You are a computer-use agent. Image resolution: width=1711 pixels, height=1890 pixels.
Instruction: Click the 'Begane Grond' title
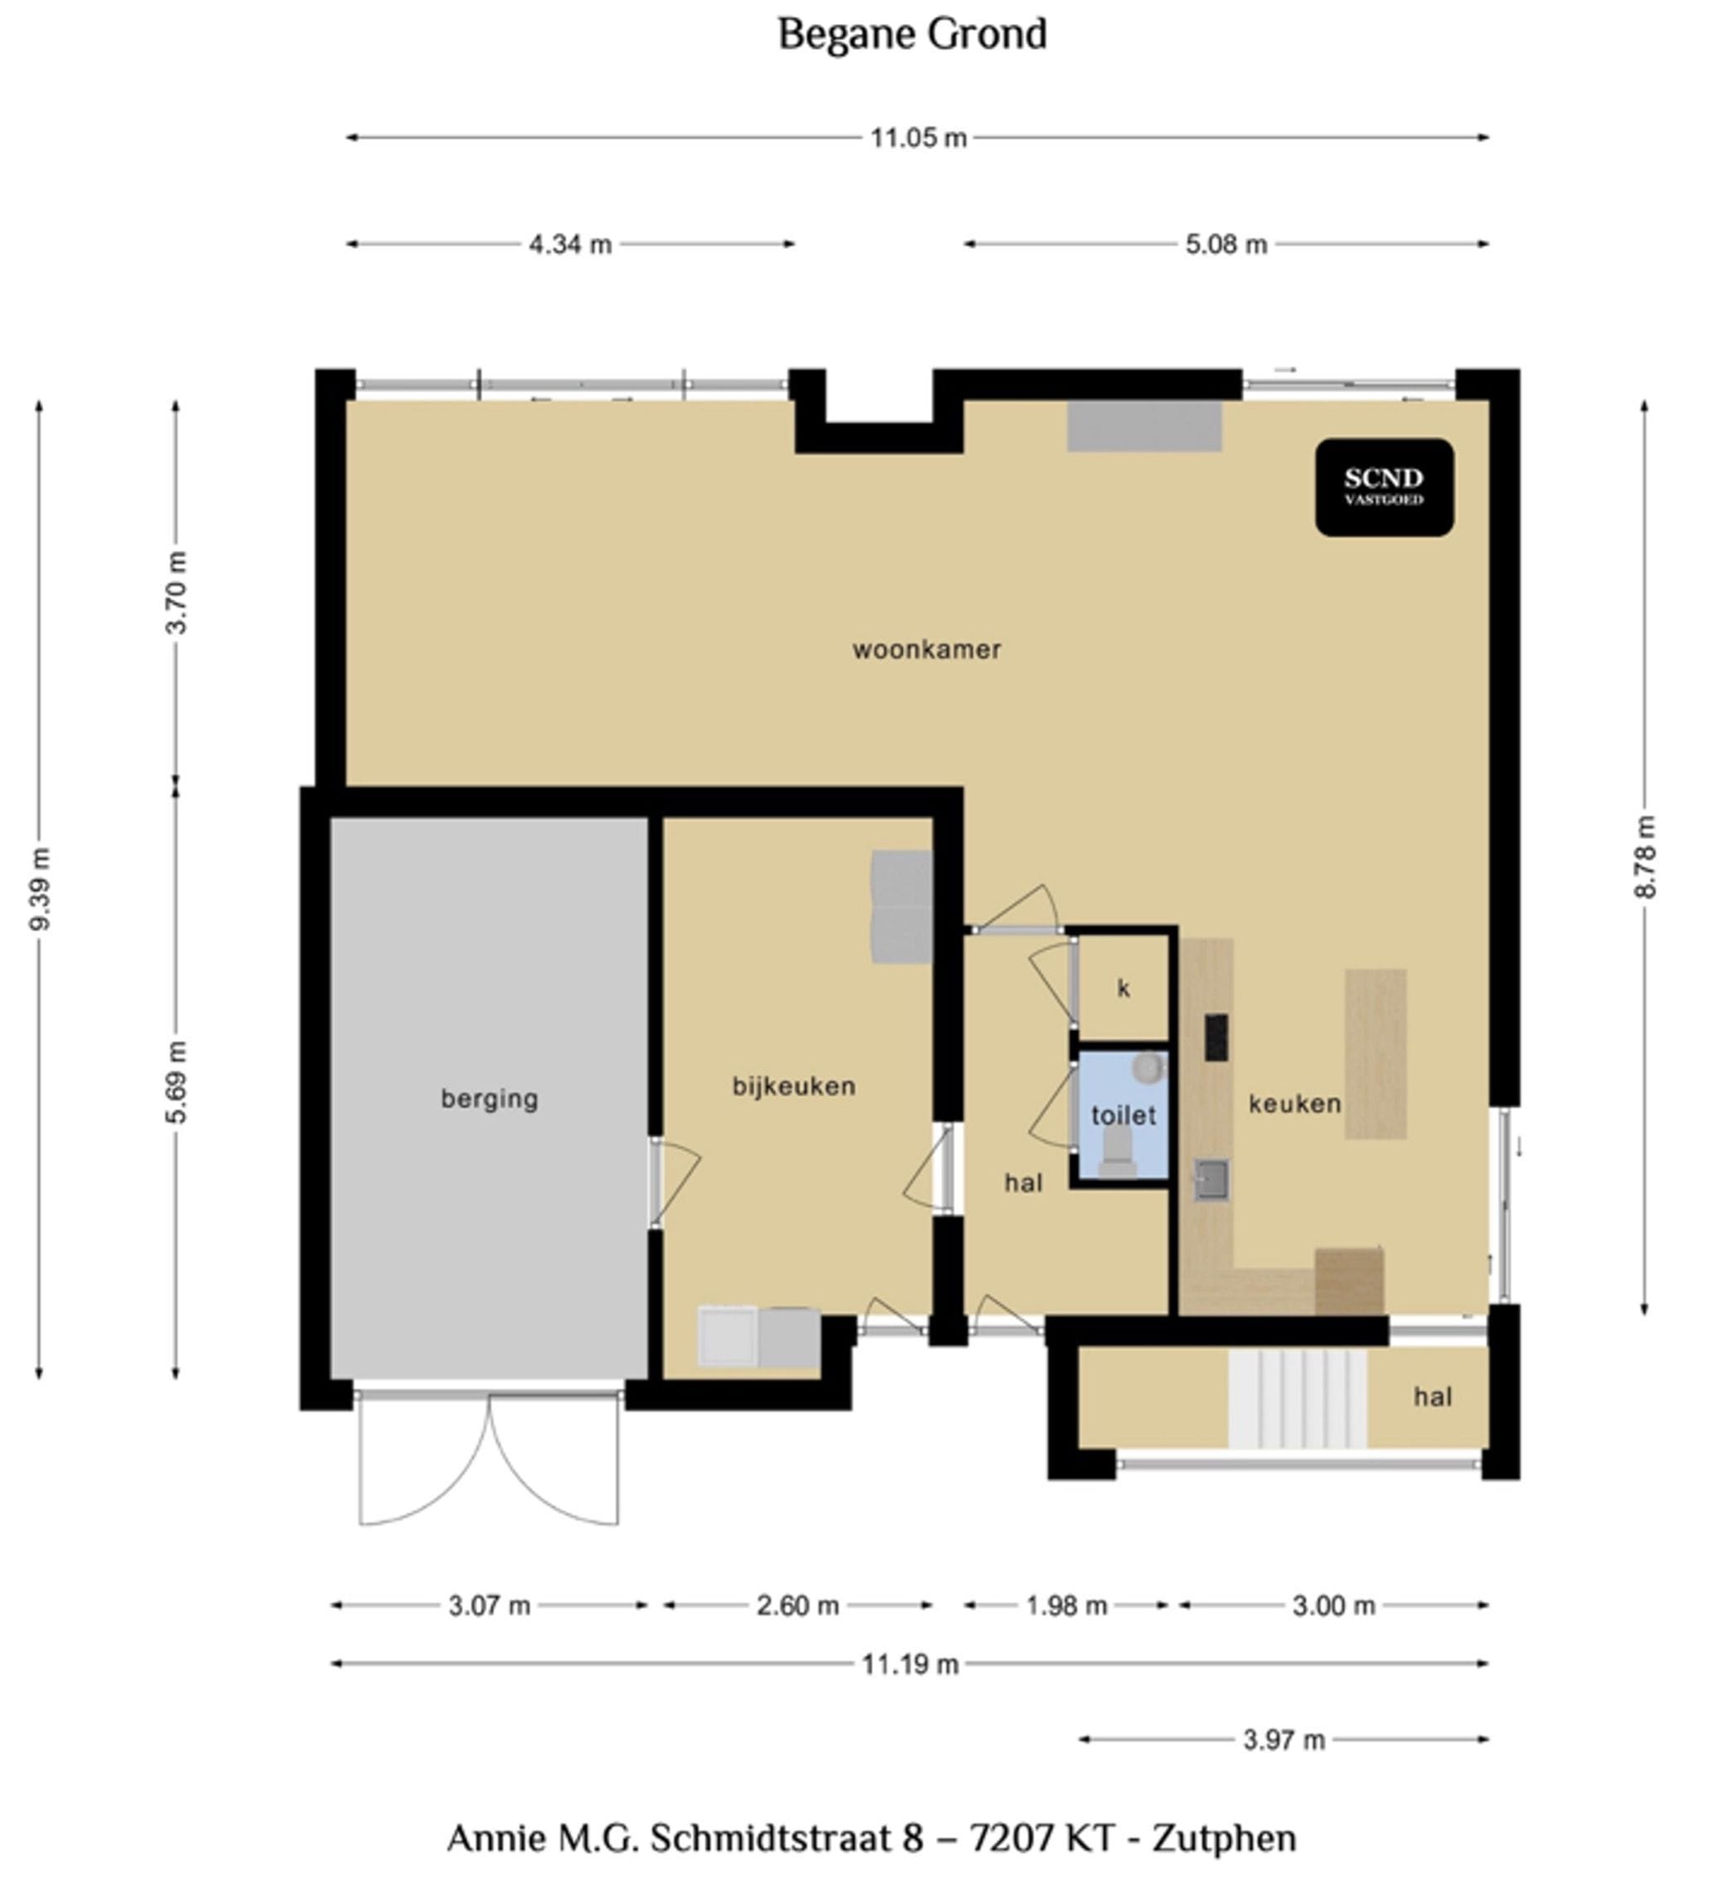[x=911, y=35]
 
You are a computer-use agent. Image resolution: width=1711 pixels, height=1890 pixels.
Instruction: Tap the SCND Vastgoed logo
[x=1383, y=486]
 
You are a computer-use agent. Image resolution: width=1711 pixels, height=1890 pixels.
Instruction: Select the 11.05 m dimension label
[x=918, y=138]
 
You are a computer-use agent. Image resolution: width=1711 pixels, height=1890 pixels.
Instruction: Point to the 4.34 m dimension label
[x=570, y=245]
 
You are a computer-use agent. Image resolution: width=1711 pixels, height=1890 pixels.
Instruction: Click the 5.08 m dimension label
[x=1226, y=245]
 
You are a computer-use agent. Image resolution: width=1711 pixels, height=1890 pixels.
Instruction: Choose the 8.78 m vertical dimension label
[x=1645, y=857]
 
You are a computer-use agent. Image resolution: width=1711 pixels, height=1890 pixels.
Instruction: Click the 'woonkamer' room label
[x=926, y=650]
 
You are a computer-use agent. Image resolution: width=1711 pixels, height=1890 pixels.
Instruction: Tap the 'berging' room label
[x=489, y=1098]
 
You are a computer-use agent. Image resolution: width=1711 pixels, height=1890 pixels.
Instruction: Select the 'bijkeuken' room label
[x=793, y=1086]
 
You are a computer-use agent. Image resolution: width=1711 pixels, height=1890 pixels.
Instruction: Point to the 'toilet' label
[x=1123, y=1115]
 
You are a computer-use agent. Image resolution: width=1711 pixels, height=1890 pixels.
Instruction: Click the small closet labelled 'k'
[x=1124, y=987]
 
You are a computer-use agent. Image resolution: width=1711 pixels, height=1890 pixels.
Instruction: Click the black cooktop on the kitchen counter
[x=1216, y=1037]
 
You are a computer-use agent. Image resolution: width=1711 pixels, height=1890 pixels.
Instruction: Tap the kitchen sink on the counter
[x=1211, y=1179]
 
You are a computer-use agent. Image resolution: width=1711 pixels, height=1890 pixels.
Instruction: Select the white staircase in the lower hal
[x=1297, y=1398]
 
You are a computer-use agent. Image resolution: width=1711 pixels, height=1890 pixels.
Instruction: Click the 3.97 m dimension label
[x=1284, y=1740]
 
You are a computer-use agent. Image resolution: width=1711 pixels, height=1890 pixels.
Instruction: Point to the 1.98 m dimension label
[x=1066, y=1606]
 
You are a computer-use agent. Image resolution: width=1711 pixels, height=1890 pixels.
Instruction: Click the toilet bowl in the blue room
[x=1117, y=1152]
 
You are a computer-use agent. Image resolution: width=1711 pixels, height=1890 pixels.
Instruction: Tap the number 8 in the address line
[x=912, y=1839]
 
